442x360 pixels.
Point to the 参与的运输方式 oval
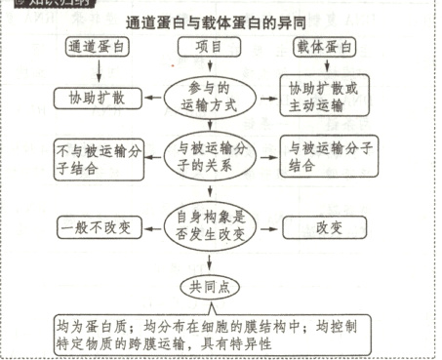(210, 97)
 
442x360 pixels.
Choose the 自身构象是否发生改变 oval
(210, 226)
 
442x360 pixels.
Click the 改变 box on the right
(327, 226)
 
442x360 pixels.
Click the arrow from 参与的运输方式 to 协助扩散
(154, 96)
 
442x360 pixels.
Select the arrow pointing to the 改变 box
(267, 226)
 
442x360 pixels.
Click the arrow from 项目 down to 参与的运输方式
(210, 67)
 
